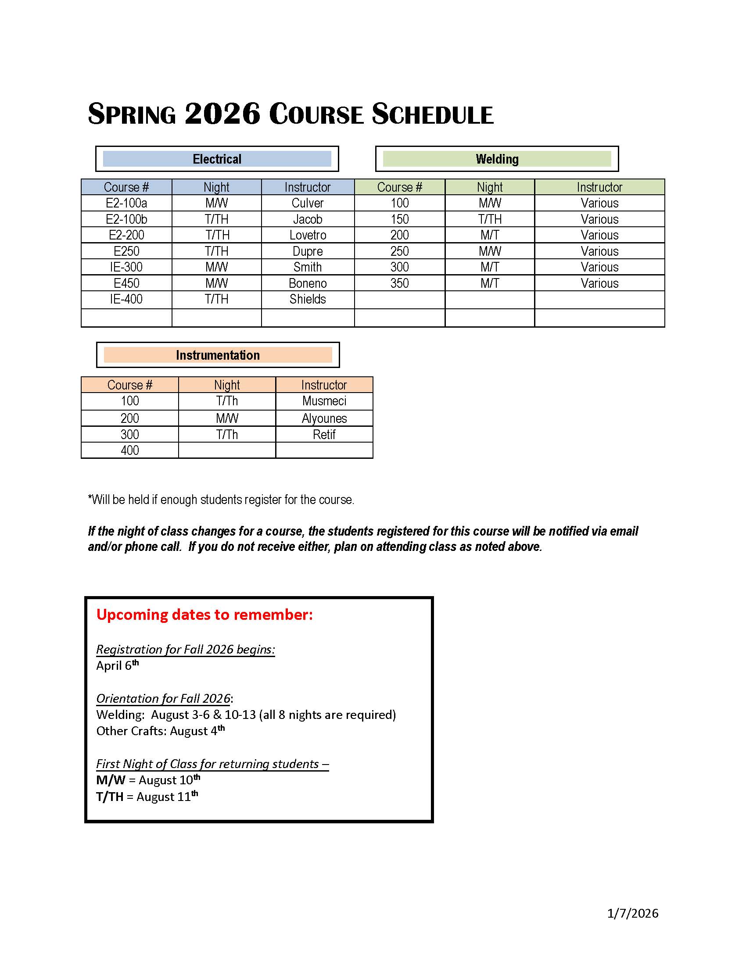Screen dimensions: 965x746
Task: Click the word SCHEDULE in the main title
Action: (x=432, y=114)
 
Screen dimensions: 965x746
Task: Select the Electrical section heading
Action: (x=217, y=159)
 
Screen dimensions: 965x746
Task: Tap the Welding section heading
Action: (x=497, y=159)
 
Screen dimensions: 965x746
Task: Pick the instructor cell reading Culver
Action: (x=308, y=203)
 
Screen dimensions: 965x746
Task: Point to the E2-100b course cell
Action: (x=126, y=219)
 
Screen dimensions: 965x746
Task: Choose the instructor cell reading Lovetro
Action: (x=308, y=235)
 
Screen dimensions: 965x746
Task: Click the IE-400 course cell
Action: (x=126, y=299)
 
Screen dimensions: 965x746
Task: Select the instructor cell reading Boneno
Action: (x=308, y=283)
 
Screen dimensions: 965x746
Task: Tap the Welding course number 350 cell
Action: (x=399, y=283)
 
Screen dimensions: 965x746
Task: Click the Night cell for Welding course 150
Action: (x=490, y=219)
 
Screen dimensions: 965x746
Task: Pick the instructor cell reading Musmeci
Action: (x=324, y=401)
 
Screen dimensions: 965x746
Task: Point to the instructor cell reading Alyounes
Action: (x=324, y=418)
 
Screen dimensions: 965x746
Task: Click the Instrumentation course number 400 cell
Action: (x=130, y=450)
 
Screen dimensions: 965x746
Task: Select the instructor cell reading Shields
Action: (x=308, y=299)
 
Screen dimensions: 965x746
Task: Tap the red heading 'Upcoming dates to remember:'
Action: (x=204, y=615)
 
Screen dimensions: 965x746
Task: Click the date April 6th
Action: (x=117, y=665)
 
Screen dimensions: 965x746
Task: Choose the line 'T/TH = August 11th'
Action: (x=147, y=797)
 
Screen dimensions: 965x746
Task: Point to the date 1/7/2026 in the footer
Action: (x=632, y=913)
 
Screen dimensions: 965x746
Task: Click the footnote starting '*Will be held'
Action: (x=221, y=500)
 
